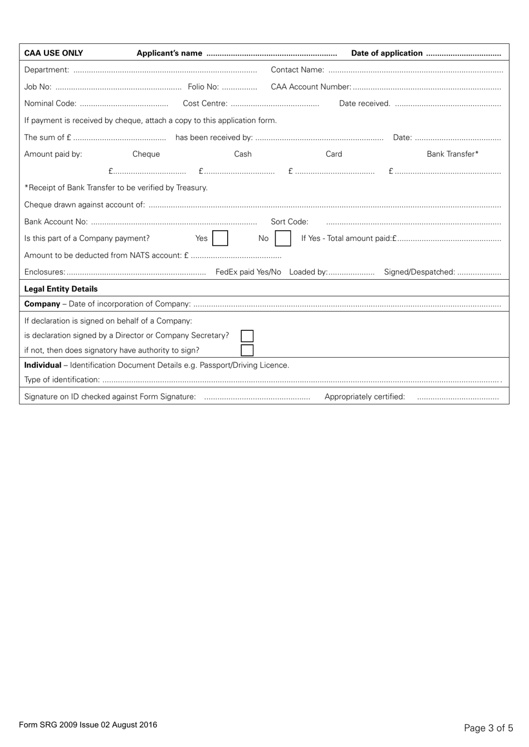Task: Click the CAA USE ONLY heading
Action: coord(53,53)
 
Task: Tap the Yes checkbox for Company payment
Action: coord(220,239)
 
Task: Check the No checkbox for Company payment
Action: coord(283,239)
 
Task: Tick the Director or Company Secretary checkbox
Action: coord(247,336)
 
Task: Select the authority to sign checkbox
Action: coord(247,350)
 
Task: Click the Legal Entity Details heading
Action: coord(61,289)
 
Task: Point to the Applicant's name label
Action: coord(169,53)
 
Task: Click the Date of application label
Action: coord(386,53)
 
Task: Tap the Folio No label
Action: coord(203,87)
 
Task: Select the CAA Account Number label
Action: coord(311,87)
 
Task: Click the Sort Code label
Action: coord(290,222)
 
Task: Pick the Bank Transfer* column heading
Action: coord(452,154)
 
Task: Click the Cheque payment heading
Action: coord(146,154)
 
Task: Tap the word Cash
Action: coord(243,154)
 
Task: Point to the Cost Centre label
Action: coord(205,103)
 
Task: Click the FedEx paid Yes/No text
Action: coord(248,272)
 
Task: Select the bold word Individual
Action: coord(42,365)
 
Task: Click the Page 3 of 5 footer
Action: coord(488,728)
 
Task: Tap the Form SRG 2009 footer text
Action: coord(88,725)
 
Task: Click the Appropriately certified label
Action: coord(365,397)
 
